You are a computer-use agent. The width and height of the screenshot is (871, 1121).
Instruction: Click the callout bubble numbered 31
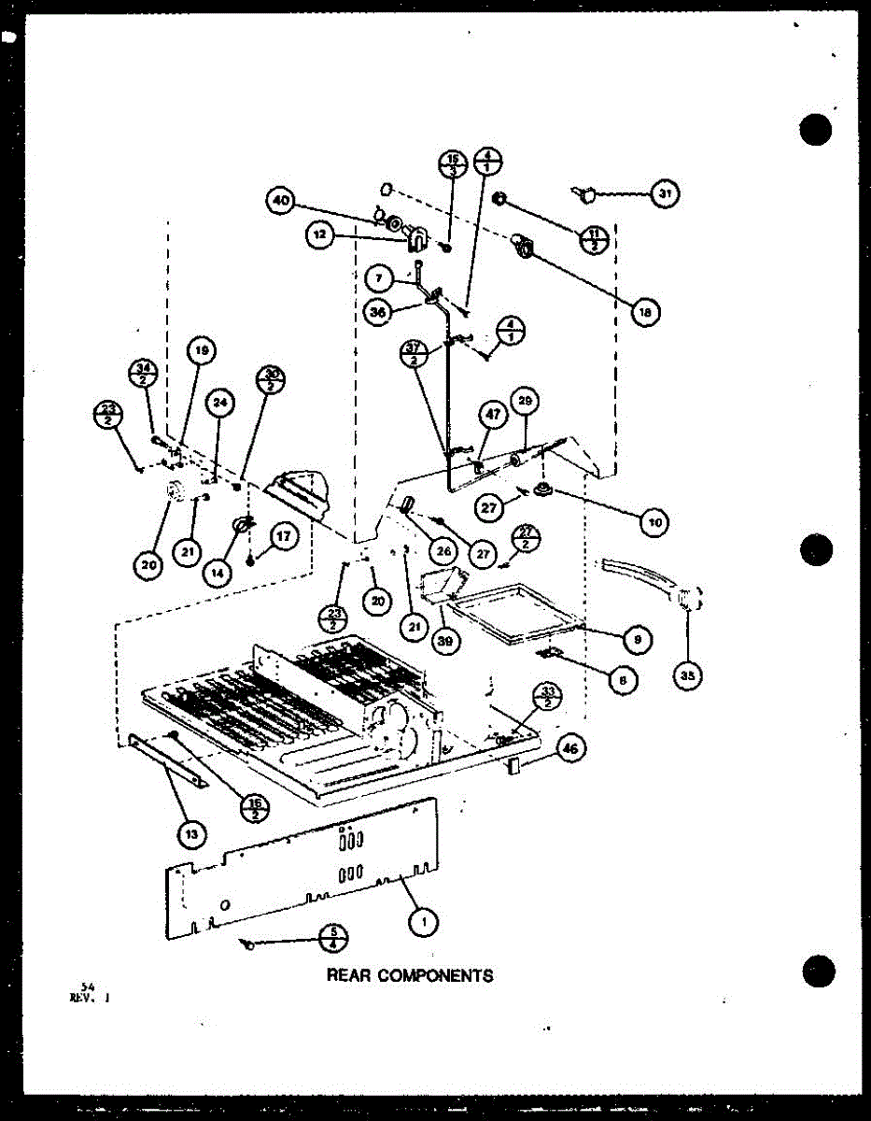tap(665, 194)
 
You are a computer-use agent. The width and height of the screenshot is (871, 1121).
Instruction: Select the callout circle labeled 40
tap(281, 199)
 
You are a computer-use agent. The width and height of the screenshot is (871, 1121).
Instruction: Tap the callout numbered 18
tap(643, 312)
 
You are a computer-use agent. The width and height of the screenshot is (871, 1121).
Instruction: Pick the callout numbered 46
tap(570, 745)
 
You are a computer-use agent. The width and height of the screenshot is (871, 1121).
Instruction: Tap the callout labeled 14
tap(218, 572)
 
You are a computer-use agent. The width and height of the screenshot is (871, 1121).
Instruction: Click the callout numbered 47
tap(493, 415)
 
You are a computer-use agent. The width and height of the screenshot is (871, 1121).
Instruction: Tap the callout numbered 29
tap(525, 403)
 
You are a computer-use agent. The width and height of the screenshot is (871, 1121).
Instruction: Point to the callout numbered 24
tap(219, 403)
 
